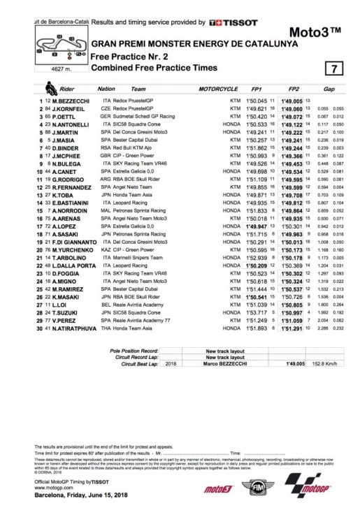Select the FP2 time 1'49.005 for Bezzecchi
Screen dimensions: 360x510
pyautogui.click(x=289, y=101)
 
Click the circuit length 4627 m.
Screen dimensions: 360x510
pyautogui.click(x=52, y=67)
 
